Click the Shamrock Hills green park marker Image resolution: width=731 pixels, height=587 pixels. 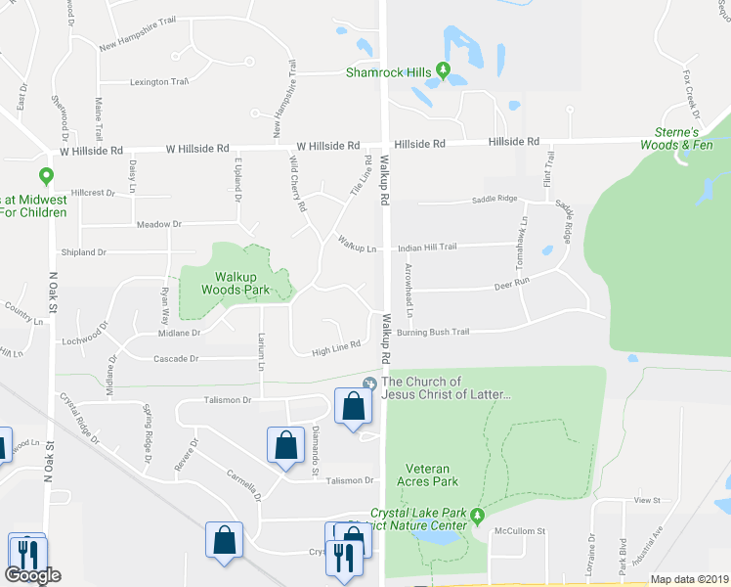pyautogui.click(x=443, y=71)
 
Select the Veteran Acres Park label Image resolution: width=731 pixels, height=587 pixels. pyautogui.click(x=427, y=474)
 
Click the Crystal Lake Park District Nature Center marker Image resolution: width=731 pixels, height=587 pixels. pyautogui.click(x=477, y=516)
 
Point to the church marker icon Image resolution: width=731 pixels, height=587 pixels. pyautogui.click(x=369, y=383)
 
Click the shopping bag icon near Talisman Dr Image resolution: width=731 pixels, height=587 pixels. pyautogui.click(x=352, y=405)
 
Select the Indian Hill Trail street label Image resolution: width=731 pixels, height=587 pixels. pyautogui.click(x=427, y=248)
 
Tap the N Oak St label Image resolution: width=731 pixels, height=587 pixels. pyautogui.click(x=52, y=293)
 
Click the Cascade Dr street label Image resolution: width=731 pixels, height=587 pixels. pyautogui.click(x=176, y=358)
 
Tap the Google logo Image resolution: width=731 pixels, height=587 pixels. pyautogui.click(x=33, y=575)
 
